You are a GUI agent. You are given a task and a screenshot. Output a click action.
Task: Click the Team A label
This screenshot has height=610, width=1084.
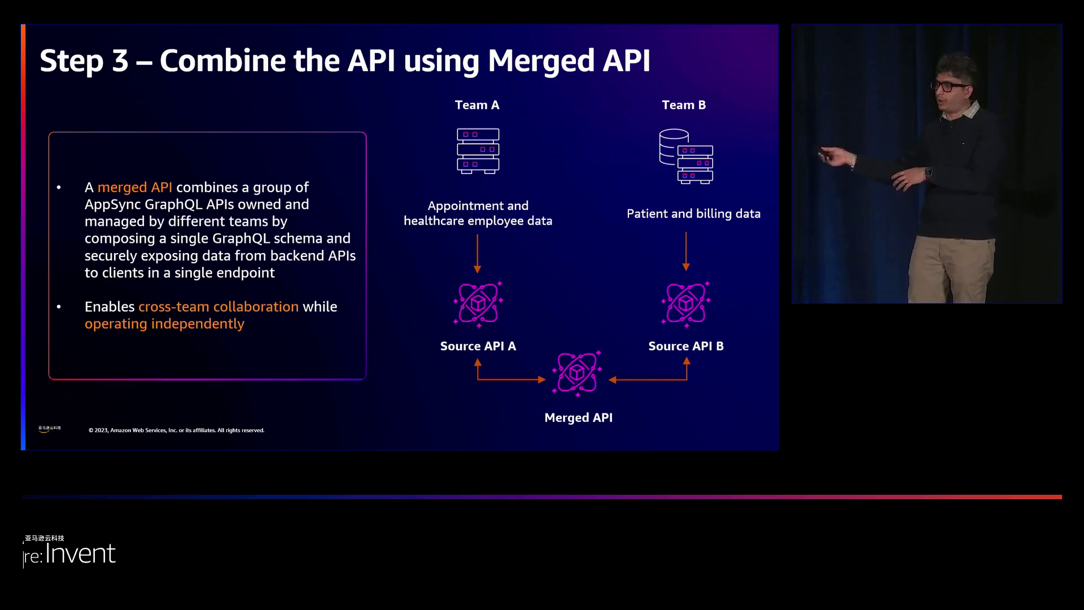click(x=477, y=105)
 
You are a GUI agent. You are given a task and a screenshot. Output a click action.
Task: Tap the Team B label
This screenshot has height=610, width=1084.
click(x=684, y=105)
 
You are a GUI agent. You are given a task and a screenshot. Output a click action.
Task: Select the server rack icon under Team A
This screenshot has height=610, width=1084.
click(x=478, y=151)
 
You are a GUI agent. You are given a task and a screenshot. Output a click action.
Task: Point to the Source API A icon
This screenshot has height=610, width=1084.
click(x=478, y=304)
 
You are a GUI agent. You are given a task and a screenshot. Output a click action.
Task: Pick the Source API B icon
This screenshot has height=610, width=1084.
click(x=686, y=304)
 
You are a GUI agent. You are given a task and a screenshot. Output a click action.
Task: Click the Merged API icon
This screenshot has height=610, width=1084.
click(x=577, y=373)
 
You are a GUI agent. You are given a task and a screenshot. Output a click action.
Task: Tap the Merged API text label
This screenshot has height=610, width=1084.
click(x=578, y=417)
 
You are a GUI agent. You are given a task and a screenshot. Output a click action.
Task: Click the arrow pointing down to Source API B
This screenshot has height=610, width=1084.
click(x=686, y=251)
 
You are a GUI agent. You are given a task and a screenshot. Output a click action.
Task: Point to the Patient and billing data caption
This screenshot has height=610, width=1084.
click(x=693, y=213)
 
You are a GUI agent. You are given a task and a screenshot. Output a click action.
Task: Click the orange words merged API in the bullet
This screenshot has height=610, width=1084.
click(x=135, y=188)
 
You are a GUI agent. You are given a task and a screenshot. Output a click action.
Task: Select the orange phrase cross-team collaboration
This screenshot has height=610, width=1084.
click(x=218, y=307)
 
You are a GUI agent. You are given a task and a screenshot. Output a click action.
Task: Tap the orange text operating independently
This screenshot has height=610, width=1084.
click(x=164, y=324)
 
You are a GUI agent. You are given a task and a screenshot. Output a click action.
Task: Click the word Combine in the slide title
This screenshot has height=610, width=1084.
click(x=222, y=60)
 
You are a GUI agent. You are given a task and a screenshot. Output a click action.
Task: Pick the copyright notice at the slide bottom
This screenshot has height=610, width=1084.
click(x=176, y=430)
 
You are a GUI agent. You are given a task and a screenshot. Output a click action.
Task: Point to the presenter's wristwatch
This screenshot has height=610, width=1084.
click(x=928, y=172)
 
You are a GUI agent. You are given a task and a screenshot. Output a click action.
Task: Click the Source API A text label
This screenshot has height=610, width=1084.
click(x=478, y=346)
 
